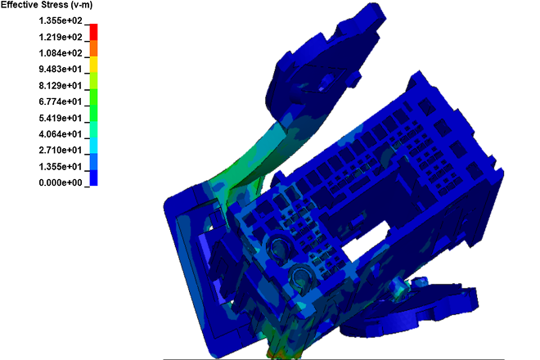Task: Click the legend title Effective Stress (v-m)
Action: (47, 5)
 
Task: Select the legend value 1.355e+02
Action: (61, 21)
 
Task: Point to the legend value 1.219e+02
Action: (61, 37)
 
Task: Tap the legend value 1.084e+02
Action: (61, 53)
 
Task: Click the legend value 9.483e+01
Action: (61, 70)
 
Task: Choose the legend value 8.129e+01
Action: (61, 85)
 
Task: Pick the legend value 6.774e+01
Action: (61, 101)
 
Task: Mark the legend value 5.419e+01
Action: (61, 118)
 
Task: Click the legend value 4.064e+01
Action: (61, 134)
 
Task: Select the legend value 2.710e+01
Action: (61, 151)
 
